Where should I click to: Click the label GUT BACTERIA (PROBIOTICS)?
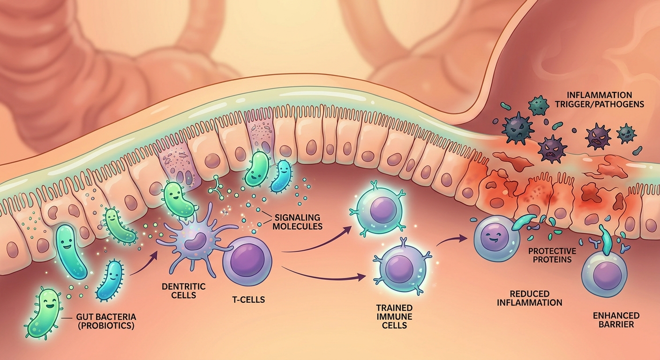coord(106,321)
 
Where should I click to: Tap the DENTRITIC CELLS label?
coord(184,291)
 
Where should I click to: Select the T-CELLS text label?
coord(249,300)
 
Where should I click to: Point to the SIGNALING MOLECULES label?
coord(299,222)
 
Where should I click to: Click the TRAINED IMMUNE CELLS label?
coord(394,317)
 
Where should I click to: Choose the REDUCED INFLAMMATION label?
coord(530,298)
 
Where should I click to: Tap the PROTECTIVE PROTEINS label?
coord(552,255)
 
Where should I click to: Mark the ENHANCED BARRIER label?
coord(616,320)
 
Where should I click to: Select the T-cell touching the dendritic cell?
coord(247,261)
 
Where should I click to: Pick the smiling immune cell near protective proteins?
coord(497,238)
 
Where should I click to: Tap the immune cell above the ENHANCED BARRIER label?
coord(604,274)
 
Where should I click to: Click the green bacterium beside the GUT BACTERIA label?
coord(44,313)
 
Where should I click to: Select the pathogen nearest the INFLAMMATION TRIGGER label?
coord(539,105)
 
